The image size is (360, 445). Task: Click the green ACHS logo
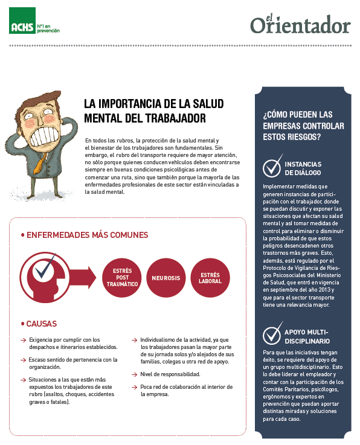coord(21,27)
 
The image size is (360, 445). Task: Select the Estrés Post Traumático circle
coord(122,278)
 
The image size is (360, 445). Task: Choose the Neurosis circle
coord(166,278)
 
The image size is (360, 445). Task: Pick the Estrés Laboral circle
coord(210,278)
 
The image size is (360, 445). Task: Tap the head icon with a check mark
coord(43,275)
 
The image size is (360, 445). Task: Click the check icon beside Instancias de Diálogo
coord(273,165)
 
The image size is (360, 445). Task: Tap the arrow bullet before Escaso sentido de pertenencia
coord(22,360)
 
